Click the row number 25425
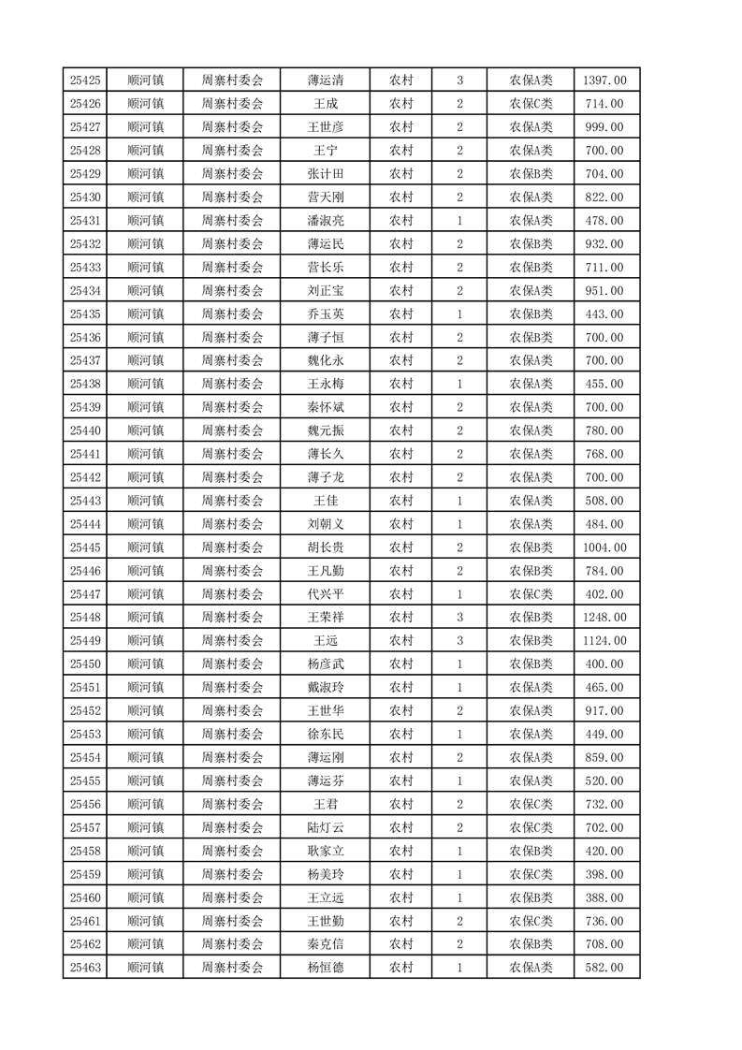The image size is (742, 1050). click(x=85, y=80)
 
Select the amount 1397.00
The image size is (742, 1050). click(x=604, y=80)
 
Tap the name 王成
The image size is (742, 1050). click(x=325, y=104)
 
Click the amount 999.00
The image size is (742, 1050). click(x=604, y=127)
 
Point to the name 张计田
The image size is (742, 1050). click(x=325, y=174)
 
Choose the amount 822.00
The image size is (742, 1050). click(x=604, y=197)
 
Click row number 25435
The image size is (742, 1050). click(x=85, y=314)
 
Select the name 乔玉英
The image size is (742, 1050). click(x=325, y=314)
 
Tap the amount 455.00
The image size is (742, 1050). click(x=604, y=384)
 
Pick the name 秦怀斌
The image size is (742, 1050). click(x=325, y=407)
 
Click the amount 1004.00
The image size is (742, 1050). click(x=604, y=547)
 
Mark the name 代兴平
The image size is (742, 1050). click(x=325, y=594)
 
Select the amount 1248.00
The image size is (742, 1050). click(x=604, y=618)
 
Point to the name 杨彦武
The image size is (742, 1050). click(x=325, y=664)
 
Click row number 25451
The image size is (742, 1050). click(x=85, y=688)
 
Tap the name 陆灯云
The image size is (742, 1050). click(x=325, y=827)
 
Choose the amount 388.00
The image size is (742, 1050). click(x=604, y=897)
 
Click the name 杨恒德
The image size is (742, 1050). click(x=325, y=968)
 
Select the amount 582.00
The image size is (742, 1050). click(x=604, y=968)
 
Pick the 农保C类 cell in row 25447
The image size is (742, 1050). click(x=531, y=594)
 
